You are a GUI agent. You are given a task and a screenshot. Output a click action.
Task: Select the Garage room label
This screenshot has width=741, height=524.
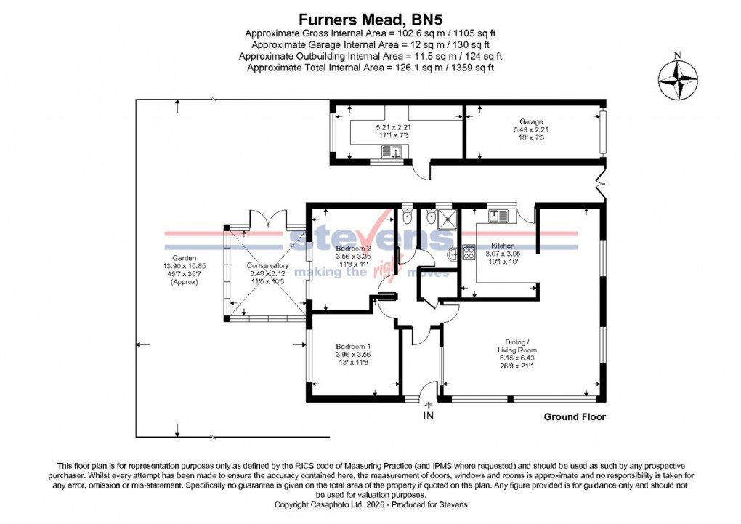[x=531, y=121]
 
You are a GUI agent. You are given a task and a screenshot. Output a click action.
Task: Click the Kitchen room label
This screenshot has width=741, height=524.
[x=503, y=246]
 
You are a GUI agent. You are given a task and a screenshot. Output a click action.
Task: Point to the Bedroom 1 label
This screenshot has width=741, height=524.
[x=353, y=346]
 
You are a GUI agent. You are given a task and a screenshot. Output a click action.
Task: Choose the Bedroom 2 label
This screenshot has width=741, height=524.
[x=353, y=248]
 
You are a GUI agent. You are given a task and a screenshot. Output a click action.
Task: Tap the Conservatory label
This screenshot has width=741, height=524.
[x=267, y=266]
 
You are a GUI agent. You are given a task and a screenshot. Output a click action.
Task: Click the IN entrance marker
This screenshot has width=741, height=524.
[x=428, y=416]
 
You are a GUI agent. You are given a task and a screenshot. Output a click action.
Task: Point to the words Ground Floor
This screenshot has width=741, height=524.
[x=574, y=416]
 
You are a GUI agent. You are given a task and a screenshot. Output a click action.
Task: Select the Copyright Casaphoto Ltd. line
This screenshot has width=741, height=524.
[x=370, y=504]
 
